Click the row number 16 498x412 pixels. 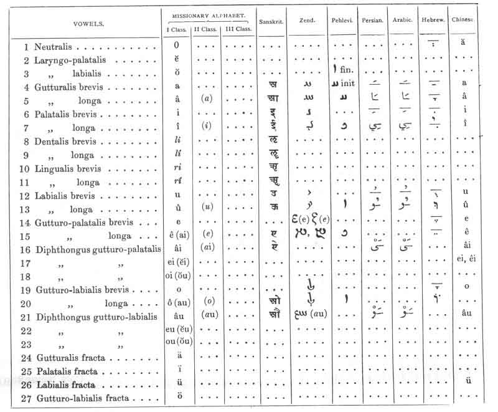(27, 250)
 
